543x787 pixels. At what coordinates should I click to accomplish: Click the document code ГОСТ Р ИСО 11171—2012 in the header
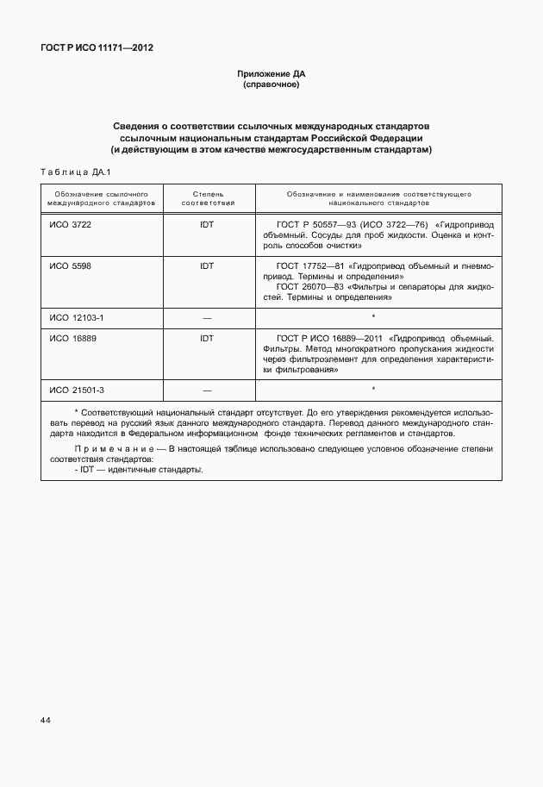point(97,49)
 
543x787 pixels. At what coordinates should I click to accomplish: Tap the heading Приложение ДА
point(271,74)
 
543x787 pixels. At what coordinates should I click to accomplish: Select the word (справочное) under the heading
point(271,85)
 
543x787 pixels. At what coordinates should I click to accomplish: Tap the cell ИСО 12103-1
point(77,317)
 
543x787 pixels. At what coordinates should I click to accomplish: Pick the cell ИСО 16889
point(73,339)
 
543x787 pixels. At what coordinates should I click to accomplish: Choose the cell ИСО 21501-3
point(77,390)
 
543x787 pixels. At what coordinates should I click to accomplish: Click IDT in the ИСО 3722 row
point(207,223)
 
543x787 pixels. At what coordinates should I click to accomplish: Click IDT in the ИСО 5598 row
point(207,266)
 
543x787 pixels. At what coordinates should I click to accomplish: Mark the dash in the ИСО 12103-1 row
point(207,318)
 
